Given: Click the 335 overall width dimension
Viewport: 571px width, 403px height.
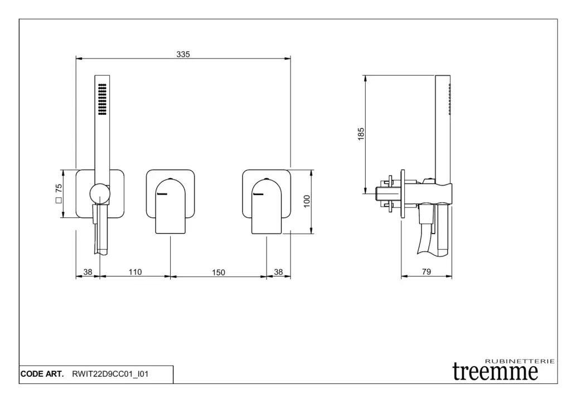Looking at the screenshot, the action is click(183, 54).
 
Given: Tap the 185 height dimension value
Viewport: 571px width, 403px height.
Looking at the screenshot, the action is click(361, 134).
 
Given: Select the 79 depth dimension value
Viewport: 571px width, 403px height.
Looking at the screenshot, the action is click(426, 271).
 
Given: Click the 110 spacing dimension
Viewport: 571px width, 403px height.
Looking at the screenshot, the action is click(135, 272).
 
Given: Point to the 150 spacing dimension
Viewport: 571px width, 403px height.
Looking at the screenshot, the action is click(219, 273).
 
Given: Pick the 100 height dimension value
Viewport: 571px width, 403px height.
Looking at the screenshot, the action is click(307, 201).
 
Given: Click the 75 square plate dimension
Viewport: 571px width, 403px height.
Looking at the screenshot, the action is click(59, 188).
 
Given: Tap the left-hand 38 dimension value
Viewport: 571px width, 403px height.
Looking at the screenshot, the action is click(88, 272).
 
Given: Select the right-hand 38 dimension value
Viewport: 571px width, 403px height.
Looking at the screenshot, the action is click(278, 272).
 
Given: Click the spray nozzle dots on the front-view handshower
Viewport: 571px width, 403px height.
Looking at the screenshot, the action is click(103, 99).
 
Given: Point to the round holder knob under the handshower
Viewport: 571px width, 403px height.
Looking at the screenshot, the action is click(100, 194).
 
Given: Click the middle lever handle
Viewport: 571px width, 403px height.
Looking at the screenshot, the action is click(171, 206).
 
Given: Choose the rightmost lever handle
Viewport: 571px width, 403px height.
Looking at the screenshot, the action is click(267, 206).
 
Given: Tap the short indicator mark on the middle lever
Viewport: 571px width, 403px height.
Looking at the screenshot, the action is click(162, 194).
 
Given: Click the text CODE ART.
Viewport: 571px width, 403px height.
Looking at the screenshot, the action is click(42, 374).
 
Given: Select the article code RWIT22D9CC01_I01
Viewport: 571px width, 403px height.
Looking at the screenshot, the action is click(110, 374).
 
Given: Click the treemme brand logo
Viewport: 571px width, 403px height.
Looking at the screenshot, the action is click(495, 371).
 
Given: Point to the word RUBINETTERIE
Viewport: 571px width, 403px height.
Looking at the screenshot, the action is click(520, 361).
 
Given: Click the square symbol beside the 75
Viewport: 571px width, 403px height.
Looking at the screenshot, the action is click(59, 200).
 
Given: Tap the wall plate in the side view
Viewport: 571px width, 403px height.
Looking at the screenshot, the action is click(403, 193).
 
